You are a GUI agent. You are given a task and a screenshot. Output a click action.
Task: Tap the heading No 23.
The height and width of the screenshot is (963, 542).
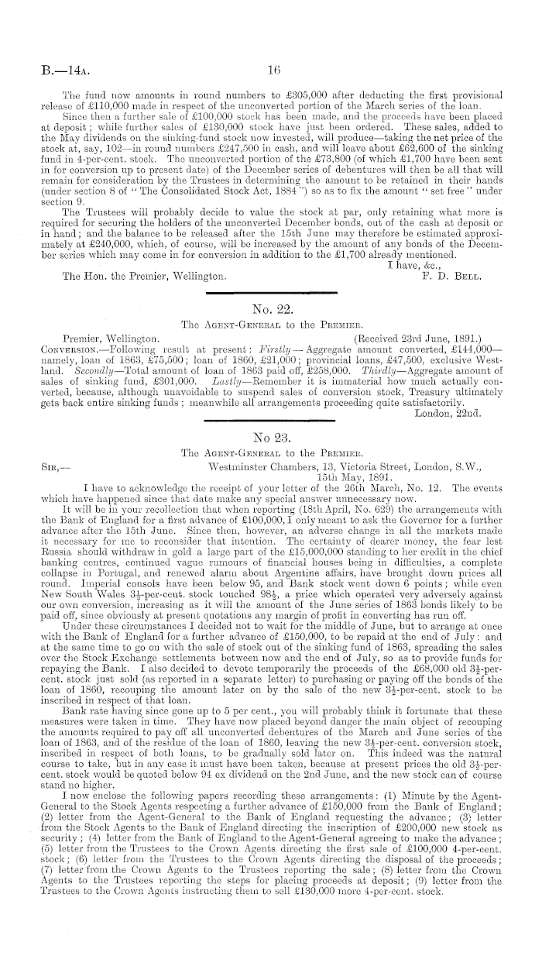(x=271, y=435)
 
